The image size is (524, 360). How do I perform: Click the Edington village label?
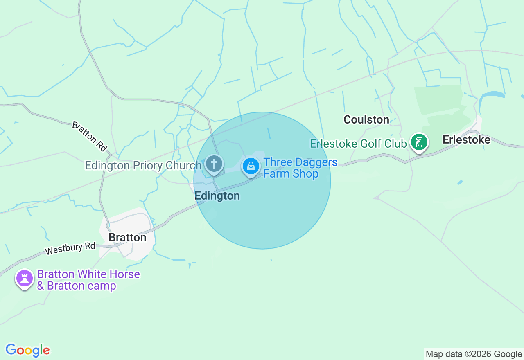(217, 196)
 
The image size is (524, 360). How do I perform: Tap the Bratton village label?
(127, 238)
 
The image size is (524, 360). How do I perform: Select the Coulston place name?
(366, 119)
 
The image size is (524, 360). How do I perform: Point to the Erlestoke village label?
(466, 140)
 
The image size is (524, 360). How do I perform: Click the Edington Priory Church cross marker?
(214, 164)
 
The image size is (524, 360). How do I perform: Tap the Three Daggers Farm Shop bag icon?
(251, 166)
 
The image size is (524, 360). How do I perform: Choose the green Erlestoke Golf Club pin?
(419, 143)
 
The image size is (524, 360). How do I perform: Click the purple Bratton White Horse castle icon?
(25, 279)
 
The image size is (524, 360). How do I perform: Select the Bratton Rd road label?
(90, 135)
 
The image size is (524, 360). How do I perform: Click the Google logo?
(27, 350)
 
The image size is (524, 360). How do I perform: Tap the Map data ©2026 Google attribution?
(474, 354)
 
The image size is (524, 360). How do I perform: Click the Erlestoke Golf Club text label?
(358, 144)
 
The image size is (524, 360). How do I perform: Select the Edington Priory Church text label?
(143, 165)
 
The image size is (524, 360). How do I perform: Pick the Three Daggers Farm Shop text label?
(300, 168)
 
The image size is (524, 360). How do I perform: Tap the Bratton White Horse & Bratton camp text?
(88, 280)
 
